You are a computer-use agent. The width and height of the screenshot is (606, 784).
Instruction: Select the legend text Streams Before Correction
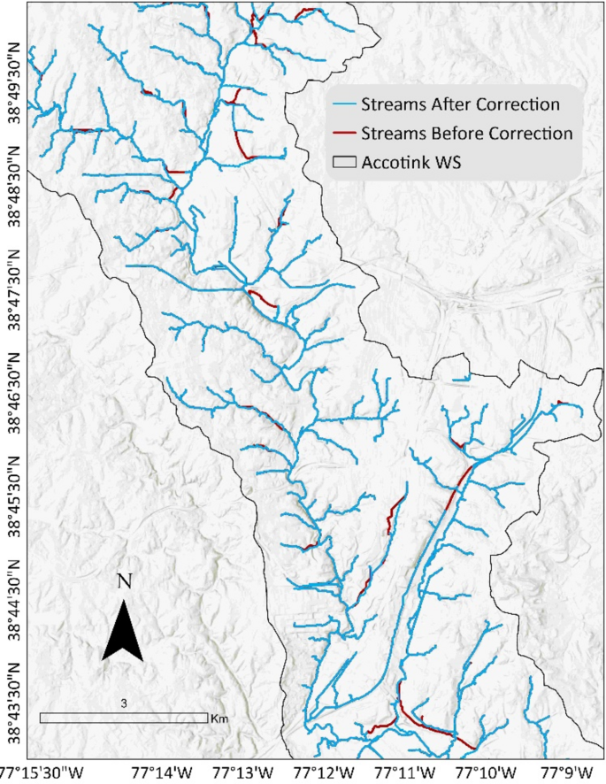click(x=465, y=134)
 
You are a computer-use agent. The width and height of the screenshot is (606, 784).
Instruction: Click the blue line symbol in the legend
click(x=343, y=105)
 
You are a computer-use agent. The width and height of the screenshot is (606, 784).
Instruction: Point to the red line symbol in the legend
click(x=343, y=135)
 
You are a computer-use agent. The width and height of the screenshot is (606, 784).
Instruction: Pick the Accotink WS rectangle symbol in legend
click(x=343, y=162)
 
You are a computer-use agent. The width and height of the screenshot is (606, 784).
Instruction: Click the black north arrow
click(x=123, y=630)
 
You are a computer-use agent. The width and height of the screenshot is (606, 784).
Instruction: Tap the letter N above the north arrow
click(x=125, y=581)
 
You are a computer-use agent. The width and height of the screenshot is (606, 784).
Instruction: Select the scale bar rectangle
click(x=123, y=718)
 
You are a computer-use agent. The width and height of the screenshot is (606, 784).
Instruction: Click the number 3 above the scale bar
click(x=124, y=703)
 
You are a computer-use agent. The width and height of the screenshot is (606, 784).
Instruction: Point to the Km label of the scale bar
click(x=220, y=719)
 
